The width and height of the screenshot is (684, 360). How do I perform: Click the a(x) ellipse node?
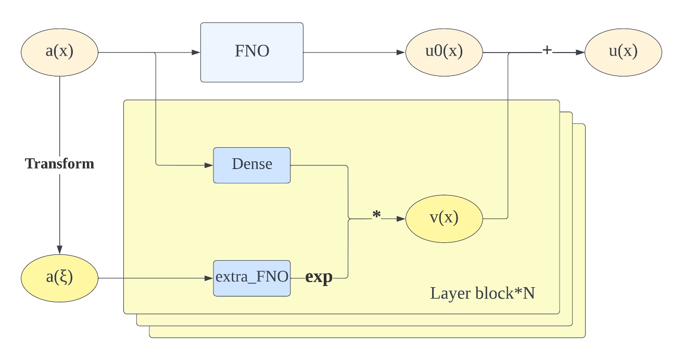click(59, 53)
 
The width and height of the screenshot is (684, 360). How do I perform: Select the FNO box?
click(252, 53)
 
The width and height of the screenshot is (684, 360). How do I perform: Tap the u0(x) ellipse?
click(444, 53)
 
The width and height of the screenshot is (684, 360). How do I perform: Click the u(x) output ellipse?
click(624, 53)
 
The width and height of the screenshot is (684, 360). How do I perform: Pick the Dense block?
click(252, 165)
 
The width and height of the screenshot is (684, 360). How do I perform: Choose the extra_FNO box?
click(252, 278)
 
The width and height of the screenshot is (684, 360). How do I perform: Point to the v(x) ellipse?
click(444, 219)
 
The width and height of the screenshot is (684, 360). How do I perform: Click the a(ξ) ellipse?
click(59, 278)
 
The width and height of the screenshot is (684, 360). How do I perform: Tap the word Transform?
click(59, 164)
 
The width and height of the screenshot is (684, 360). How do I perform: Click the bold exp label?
click(319, 277)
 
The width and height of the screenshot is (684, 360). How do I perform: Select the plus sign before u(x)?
click(547, 50)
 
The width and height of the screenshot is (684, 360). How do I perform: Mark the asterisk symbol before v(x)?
click(376, 215)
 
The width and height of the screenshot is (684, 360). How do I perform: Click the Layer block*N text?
click(483, 293)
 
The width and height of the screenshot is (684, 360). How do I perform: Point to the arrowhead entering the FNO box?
click(196, 53)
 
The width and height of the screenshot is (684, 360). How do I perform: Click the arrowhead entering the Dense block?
click(209, 165)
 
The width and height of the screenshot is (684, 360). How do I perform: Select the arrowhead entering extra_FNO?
click(209, 278)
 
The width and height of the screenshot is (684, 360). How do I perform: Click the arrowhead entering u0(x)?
click(401, 53)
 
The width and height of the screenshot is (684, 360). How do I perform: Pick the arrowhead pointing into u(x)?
click(580, 53)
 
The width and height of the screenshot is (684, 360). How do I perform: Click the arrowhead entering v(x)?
click(401, 219)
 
